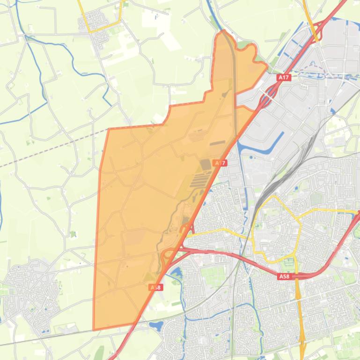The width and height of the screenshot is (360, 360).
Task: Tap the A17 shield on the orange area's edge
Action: click(220, 163)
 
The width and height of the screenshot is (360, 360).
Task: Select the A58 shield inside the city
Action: click(284, 277)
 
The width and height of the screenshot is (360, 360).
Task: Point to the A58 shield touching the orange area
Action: click(156, 287)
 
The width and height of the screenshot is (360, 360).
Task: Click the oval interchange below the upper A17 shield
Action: click(265, 95)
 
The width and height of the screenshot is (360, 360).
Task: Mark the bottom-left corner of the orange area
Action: click(94, 329)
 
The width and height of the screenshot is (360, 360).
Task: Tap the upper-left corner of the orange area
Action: click(109, 129)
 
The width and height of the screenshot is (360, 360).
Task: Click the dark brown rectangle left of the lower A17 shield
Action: click(206, 165)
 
